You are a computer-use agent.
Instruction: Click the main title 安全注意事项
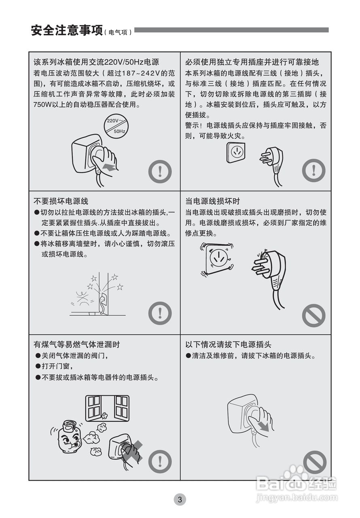pyautogui.click(x=67, y=30)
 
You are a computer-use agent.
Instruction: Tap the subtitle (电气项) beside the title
pyautogui.click(x=118, y=32)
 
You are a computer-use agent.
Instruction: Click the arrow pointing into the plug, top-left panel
pyautogui.click(x=109, y=167)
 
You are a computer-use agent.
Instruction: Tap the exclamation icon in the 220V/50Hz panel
pyautogui.click(x=160, y=172)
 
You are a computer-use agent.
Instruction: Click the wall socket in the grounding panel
pyautogui.click(x=236, y=152)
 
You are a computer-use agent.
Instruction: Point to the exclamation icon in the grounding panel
pyautogui.click(x=313, y=171)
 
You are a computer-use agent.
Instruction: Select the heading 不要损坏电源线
pyautogui.click(x=61, y=201)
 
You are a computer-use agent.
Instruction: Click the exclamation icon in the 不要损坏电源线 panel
pyautogui.click(x=160, y=313)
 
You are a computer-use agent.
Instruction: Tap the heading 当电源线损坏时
pyautogui.click(x=213, y=201)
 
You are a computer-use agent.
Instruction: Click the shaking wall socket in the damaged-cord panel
pyautogui.click(x=217, y=259)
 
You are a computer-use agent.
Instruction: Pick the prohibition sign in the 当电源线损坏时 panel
pyautogui.click(x=313, y=315)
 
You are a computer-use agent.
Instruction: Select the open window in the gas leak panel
pyautogui.click(x=107, y=408)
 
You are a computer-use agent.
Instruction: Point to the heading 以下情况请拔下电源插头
pyautogui.click(x=228, y=344)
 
